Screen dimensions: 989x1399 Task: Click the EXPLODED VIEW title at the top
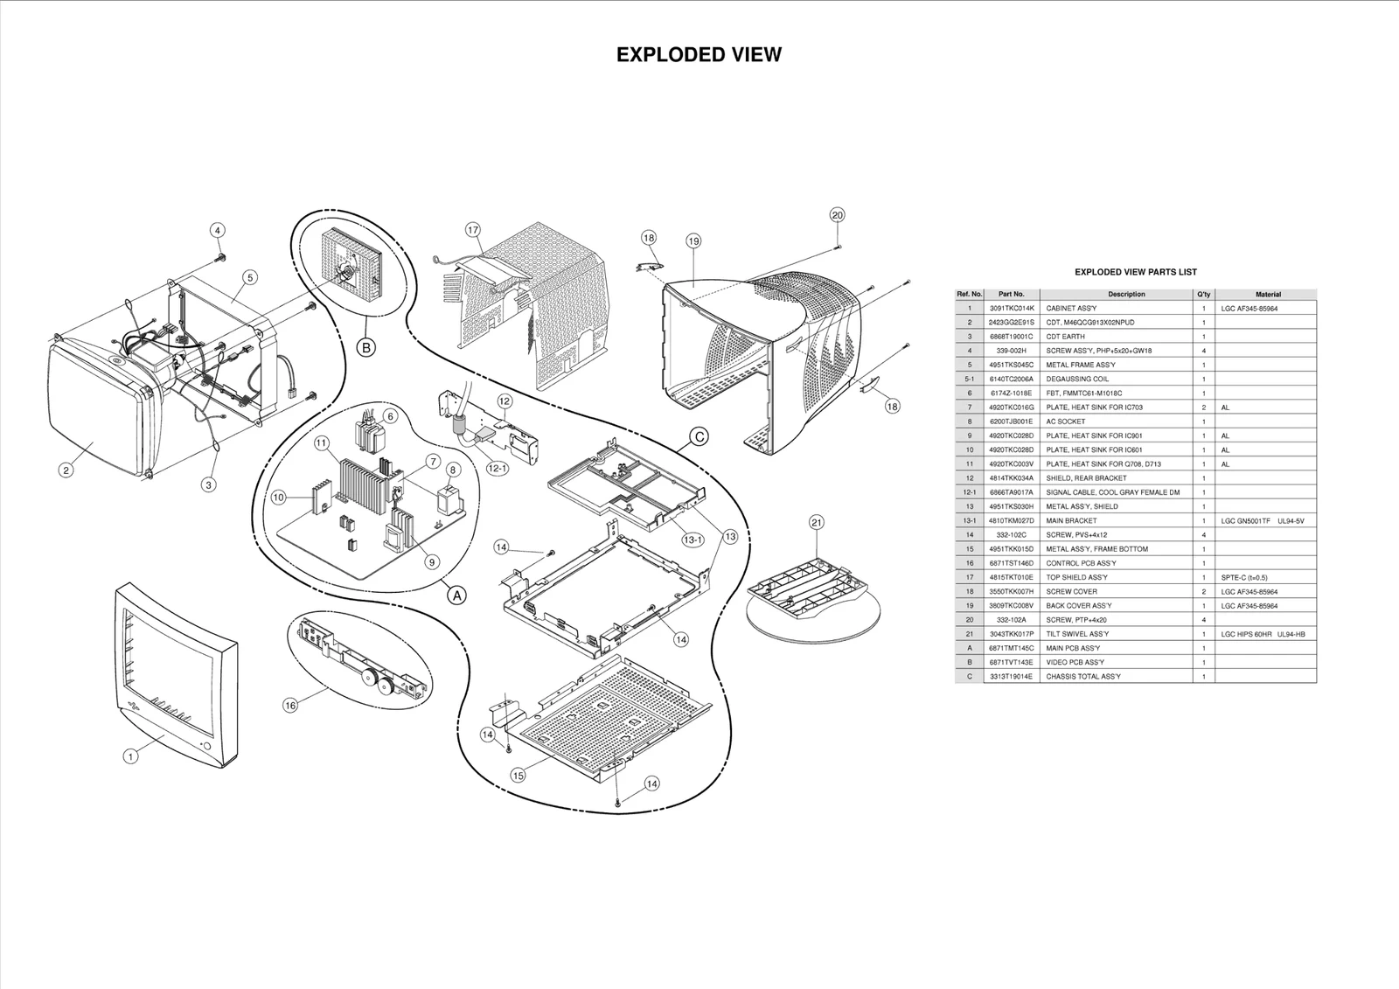click(x=699, y=54)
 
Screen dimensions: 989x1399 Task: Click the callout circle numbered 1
click(x=130, y=756)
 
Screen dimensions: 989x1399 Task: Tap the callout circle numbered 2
click(x=66, y=470)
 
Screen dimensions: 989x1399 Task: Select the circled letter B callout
click(x=366, y=348)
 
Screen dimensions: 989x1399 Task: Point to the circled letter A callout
click(x=456, y=595)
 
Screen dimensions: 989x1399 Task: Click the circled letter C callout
click(x=699, y=436)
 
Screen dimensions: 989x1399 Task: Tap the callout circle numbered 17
click(x=473, y=230)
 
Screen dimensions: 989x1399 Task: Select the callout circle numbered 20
click(x=837, y=215)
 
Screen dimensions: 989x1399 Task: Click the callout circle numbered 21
click(x=816, y=523)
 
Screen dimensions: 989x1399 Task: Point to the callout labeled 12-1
click(x=498, y=469)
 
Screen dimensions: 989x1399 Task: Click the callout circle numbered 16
click(x=290, y=706)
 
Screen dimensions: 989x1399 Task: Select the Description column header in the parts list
click(x=1126, y=294)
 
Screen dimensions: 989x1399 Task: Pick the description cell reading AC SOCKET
click(x=1066, y=421)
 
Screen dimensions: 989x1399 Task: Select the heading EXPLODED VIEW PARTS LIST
click(x=1135, y=272)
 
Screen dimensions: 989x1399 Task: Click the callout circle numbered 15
click(x=519, y=775)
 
